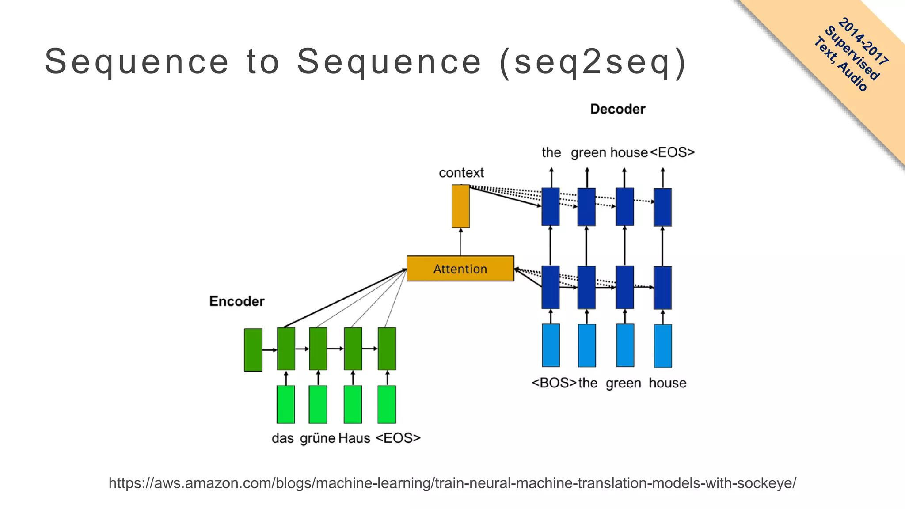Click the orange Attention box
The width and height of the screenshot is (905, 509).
click(460, 269)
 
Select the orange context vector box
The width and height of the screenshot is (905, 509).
click(460, 206)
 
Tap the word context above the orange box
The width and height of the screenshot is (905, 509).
click(461, 173)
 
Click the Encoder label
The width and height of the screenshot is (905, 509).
click(237, 301)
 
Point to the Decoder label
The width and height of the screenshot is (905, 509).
click(617, 109)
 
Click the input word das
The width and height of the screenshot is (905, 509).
click(283, 438)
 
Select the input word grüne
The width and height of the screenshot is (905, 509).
click(317, 438)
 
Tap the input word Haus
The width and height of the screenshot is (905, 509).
click(354, 438)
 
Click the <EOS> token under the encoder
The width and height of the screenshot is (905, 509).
click(398, 438)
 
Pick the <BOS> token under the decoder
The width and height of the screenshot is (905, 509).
click(554, 383)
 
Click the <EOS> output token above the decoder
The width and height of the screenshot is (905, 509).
click(672, 152)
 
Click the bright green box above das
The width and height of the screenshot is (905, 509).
click(285, 404)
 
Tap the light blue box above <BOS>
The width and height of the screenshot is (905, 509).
click(551, 345)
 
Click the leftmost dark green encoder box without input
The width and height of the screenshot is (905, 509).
click(253, 350)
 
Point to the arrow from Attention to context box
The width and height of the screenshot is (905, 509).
click(460, 242)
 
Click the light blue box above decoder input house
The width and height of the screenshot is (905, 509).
click(663, 346)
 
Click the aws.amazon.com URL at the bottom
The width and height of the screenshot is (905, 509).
click(452, 483)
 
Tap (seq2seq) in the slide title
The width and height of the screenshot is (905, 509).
click(593, 62)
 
